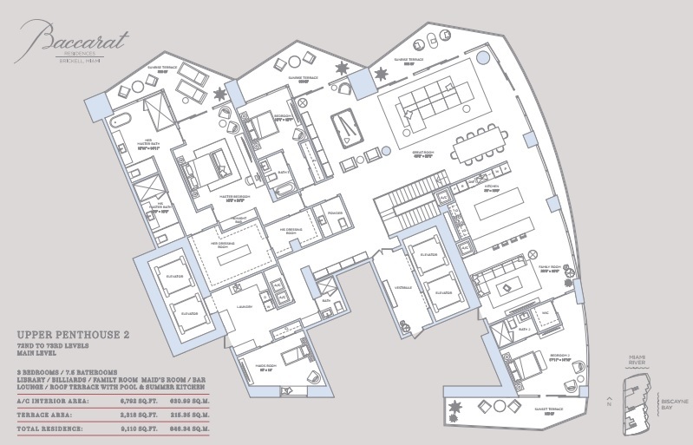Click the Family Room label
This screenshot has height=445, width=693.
[x=548, y=270]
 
